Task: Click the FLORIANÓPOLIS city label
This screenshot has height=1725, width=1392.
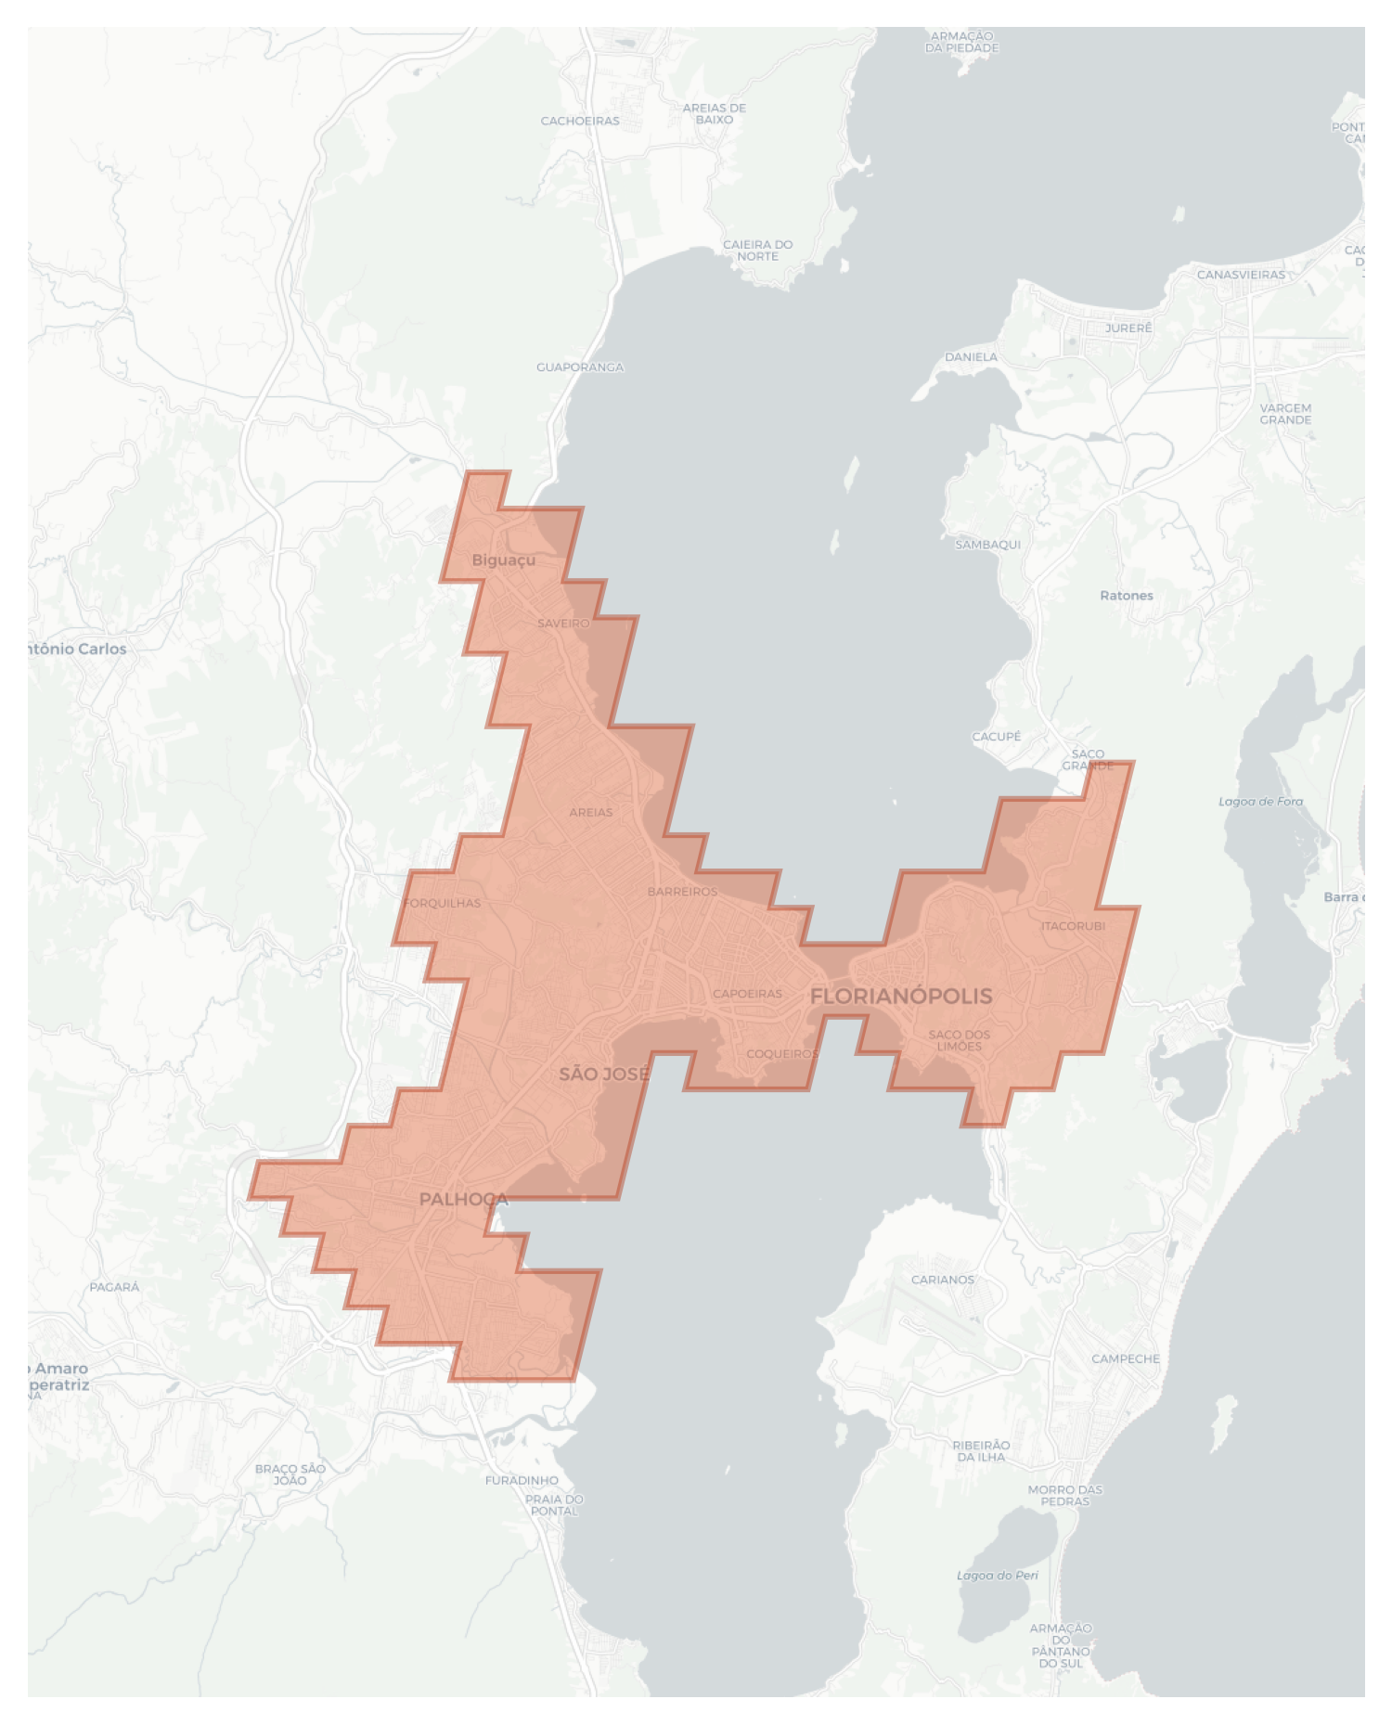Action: point(901,997)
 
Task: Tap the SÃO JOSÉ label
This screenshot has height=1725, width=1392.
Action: point(604,1074)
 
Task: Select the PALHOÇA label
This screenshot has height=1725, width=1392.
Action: point(463,1199)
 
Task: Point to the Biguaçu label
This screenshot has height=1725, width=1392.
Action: point(503,560)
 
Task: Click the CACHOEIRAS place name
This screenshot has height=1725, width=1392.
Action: point(580,121)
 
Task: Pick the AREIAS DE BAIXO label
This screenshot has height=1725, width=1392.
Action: point(714,113)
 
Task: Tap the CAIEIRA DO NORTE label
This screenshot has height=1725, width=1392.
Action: point(757,250)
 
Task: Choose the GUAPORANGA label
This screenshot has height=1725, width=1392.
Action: point(580,367)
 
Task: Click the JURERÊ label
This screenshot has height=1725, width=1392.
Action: point(1128,328)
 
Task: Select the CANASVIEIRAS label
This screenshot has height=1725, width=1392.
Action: point(1241,275)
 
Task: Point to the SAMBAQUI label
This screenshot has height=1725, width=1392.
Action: point(987,545)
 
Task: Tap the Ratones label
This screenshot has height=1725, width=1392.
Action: point(1127,596)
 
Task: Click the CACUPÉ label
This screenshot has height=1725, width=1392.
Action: point(996,737)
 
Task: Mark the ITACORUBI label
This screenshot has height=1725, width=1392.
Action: point(1073,926)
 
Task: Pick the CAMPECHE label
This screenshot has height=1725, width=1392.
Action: point(1126,1358)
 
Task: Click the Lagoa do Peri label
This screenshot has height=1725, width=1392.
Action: point(998,1576)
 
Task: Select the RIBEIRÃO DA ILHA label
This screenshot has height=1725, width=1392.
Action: point(981,1450)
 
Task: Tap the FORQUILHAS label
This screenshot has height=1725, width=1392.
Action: point(443,903)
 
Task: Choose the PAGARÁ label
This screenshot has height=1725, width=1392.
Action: point(114,1287)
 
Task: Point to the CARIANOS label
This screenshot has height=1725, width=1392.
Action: point(943,1280)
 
